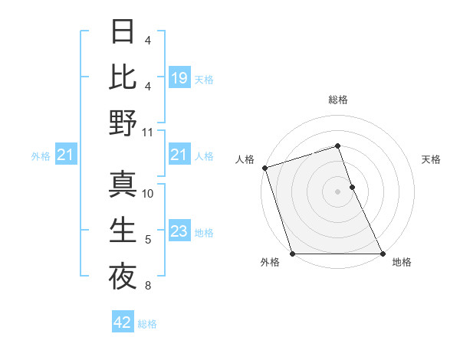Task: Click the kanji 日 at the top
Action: tap(123, 31)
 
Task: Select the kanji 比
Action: tap(123, 77)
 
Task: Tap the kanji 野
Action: tap(123, 123)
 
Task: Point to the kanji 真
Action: tap(123, 185)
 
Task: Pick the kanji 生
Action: tap(123, 231)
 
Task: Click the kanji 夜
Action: tap(123, 277)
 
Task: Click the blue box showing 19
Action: tap(179, 77)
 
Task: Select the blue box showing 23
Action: tap(179, 231)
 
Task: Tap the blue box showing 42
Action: tap(123, 322)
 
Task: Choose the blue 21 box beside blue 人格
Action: tap(179, 155)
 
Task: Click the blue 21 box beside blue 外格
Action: tap(65, 155)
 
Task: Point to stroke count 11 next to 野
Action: tap(148, 132)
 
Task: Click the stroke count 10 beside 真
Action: tap(148, 193)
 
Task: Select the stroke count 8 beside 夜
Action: tap(147, 286)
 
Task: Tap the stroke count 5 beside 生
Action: tap(147, 240)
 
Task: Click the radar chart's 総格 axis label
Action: tap(338, 100)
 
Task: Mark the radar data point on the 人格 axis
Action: tap(264, 168)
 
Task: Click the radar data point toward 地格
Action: tap(383, 254)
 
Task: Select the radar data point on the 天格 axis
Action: tap(352, 187)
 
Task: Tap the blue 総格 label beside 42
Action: tap(147, 323)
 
